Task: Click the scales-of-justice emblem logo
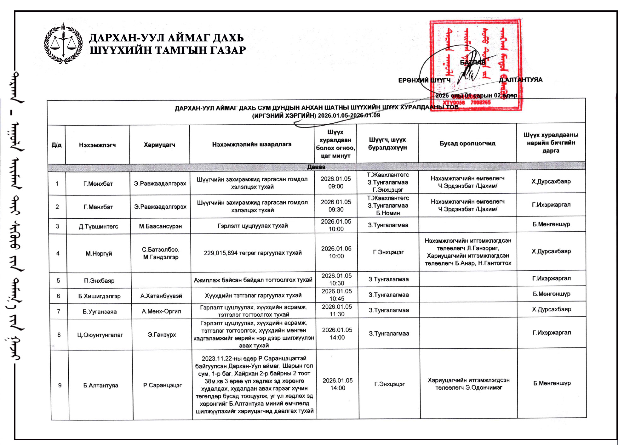pos(63,43)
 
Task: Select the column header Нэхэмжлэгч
pos(97,145)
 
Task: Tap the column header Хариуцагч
pos(159,144)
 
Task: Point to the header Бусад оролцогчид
pos(467,144)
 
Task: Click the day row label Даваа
pos(316,167)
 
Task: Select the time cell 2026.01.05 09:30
pos(336,206)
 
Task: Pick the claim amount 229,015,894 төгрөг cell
pos(253,253)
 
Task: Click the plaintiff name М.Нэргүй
pos(99,253)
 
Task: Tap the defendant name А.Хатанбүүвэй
pos(161,296)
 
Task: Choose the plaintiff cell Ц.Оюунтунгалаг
pos(100,335)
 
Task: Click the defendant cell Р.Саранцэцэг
pos(163,385)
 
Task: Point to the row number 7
pos(59,311)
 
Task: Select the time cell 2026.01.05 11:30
pos(337,310)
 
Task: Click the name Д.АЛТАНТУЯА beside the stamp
pos(520,80)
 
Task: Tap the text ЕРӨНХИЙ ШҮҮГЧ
pos(424,80)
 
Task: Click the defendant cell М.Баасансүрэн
pos(160,226)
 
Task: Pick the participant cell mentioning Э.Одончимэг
pos(469,384)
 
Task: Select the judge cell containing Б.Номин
pos(388,206)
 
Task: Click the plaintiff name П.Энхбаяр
pos(99,280)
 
